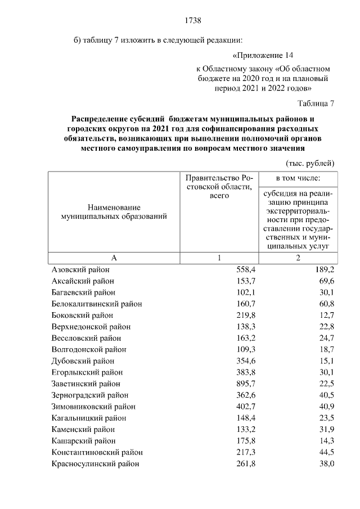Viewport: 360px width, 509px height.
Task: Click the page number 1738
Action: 193,21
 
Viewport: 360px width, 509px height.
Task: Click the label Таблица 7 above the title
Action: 316,103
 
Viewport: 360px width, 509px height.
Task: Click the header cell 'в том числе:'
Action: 298,178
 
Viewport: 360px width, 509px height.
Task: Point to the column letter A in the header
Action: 114,258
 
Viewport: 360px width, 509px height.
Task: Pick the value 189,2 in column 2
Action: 325,269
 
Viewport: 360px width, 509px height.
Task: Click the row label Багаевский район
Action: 83,292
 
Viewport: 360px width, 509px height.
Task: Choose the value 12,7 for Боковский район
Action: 326,316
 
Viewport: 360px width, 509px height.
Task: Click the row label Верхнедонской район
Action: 91,327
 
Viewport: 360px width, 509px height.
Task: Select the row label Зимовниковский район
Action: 93,407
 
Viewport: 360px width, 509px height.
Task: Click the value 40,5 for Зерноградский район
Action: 326,395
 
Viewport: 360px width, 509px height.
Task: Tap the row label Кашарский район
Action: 83,441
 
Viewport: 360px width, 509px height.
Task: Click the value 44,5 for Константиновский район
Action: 326,453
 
